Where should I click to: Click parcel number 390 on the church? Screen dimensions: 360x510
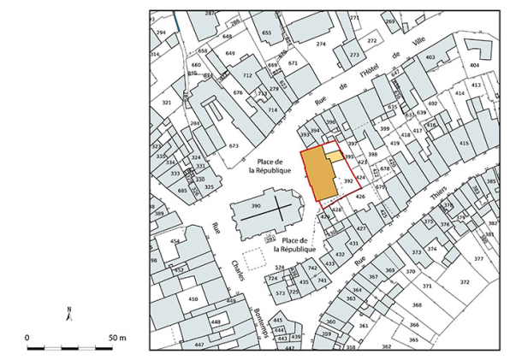(x=255, y=208)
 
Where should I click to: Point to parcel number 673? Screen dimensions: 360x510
(x=233, y=146)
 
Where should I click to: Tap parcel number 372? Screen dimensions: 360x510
(x=465, y=281)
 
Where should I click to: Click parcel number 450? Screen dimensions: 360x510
(x=193, y=298)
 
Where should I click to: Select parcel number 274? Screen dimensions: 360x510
(x=321, y=44)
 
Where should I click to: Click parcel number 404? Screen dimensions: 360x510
(x=474, y=65)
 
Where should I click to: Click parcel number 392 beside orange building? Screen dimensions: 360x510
(x=347, y=181)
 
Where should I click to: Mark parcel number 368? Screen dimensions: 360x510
(x=417, y=304)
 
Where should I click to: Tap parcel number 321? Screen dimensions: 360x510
(x=167, y=103)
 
